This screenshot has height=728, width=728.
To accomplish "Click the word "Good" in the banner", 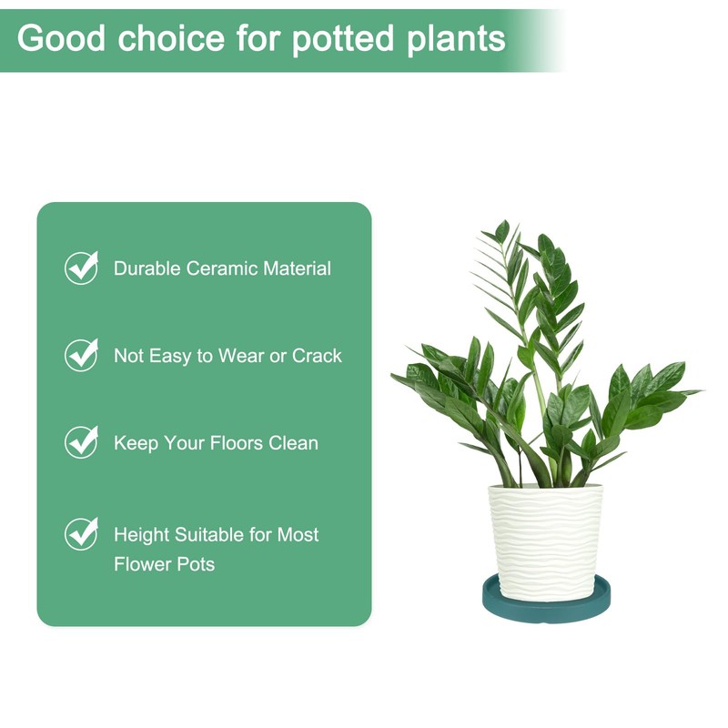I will pyautogui.click(x=58, y=38).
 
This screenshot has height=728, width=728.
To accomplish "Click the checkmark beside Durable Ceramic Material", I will pyautogui.click(x=81, y=268).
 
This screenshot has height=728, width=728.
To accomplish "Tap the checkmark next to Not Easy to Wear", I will pyautogui.click(x=81, y=355).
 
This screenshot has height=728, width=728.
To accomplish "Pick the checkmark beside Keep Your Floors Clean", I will pyautogui.click(x=81, y=442).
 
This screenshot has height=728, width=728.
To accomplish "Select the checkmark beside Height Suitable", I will pyautogui.click(x=81, y=533).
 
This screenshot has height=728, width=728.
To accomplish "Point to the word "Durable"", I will pyautogui.click(x=147, y=268).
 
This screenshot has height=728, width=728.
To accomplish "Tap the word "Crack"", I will pyautogui.click(x=317, y=356).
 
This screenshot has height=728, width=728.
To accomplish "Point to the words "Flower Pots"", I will pyautogui.click(x=164, y=564).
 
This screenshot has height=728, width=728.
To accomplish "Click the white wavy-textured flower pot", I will pyautogui.click(x=545, y=531).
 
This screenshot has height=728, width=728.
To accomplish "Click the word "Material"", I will pyautogui.click(x=297, y=268).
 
